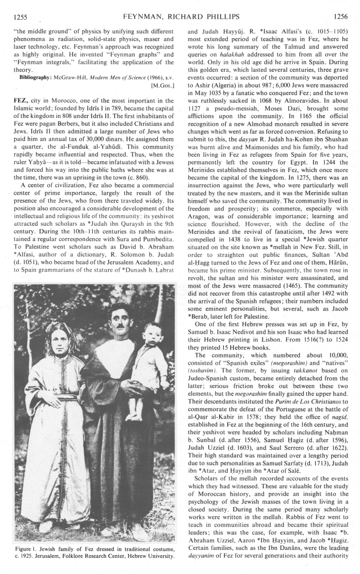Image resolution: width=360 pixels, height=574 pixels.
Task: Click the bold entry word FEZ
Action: pos(21,101)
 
